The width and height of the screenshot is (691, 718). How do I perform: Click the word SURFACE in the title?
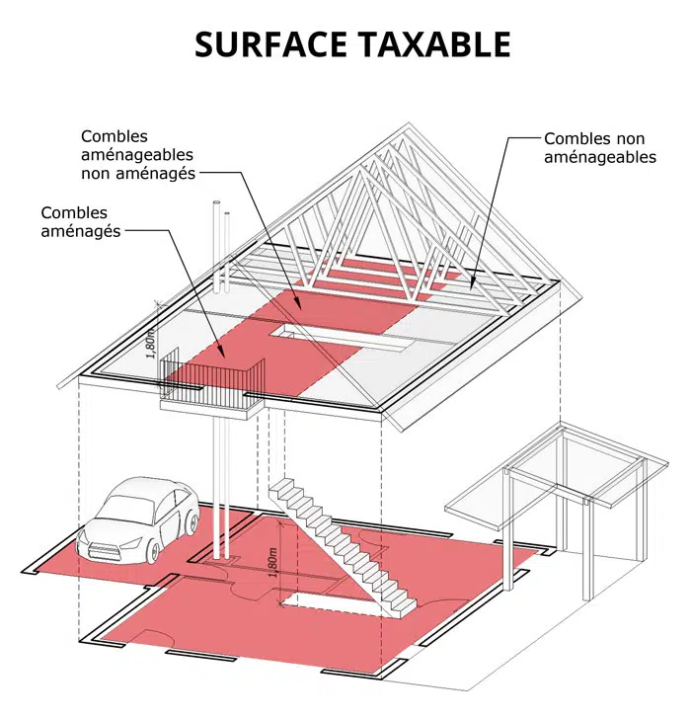pos(271,44)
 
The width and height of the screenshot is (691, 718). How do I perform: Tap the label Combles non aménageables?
pos(600,147)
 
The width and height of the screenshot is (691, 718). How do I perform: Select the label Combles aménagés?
pos(81,221)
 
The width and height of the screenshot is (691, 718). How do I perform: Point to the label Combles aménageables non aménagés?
pos(138,155)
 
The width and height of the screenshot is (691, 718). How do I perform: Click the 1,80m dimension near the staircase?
pos(273,562)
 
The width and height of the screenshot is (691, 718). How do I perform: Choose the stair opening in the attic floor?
pos(338,337)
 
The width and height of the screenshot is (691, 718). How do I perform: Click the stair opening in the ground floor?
pos(330,602)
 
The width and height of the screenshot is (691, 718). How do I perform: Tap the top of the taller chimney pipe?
pos(217,202)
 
